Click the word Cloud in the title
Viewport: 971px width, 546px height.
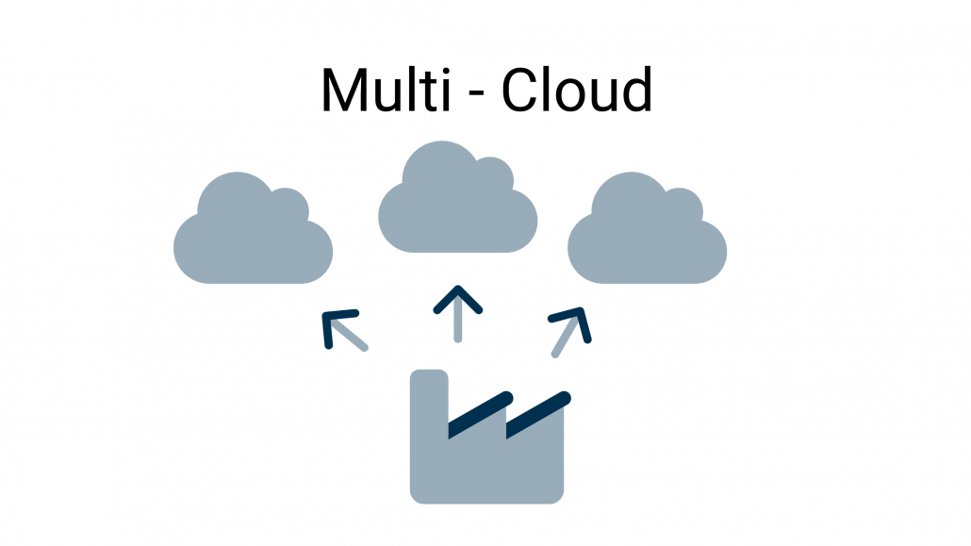[576, 91]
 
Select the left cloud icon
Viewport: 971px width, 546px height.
[253, 236]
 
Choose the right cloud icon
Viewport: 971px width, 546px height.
[647, 236]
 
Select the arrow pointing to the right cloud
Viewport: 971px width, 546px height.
[570, 331]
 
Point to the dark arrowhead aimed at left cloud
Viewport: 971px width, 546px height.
[335, 323]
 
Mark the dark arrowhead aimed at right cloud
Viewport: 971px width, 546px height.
[576, 319]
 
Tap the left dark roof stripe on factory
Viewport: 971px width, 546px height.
[480, 414]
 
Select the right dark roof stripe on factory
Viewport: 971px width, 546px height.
[538, 414]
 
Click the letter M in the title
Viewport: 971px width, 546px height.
[343, 91]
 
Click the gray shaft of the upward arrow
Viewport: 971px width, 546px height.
[457, 324]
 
